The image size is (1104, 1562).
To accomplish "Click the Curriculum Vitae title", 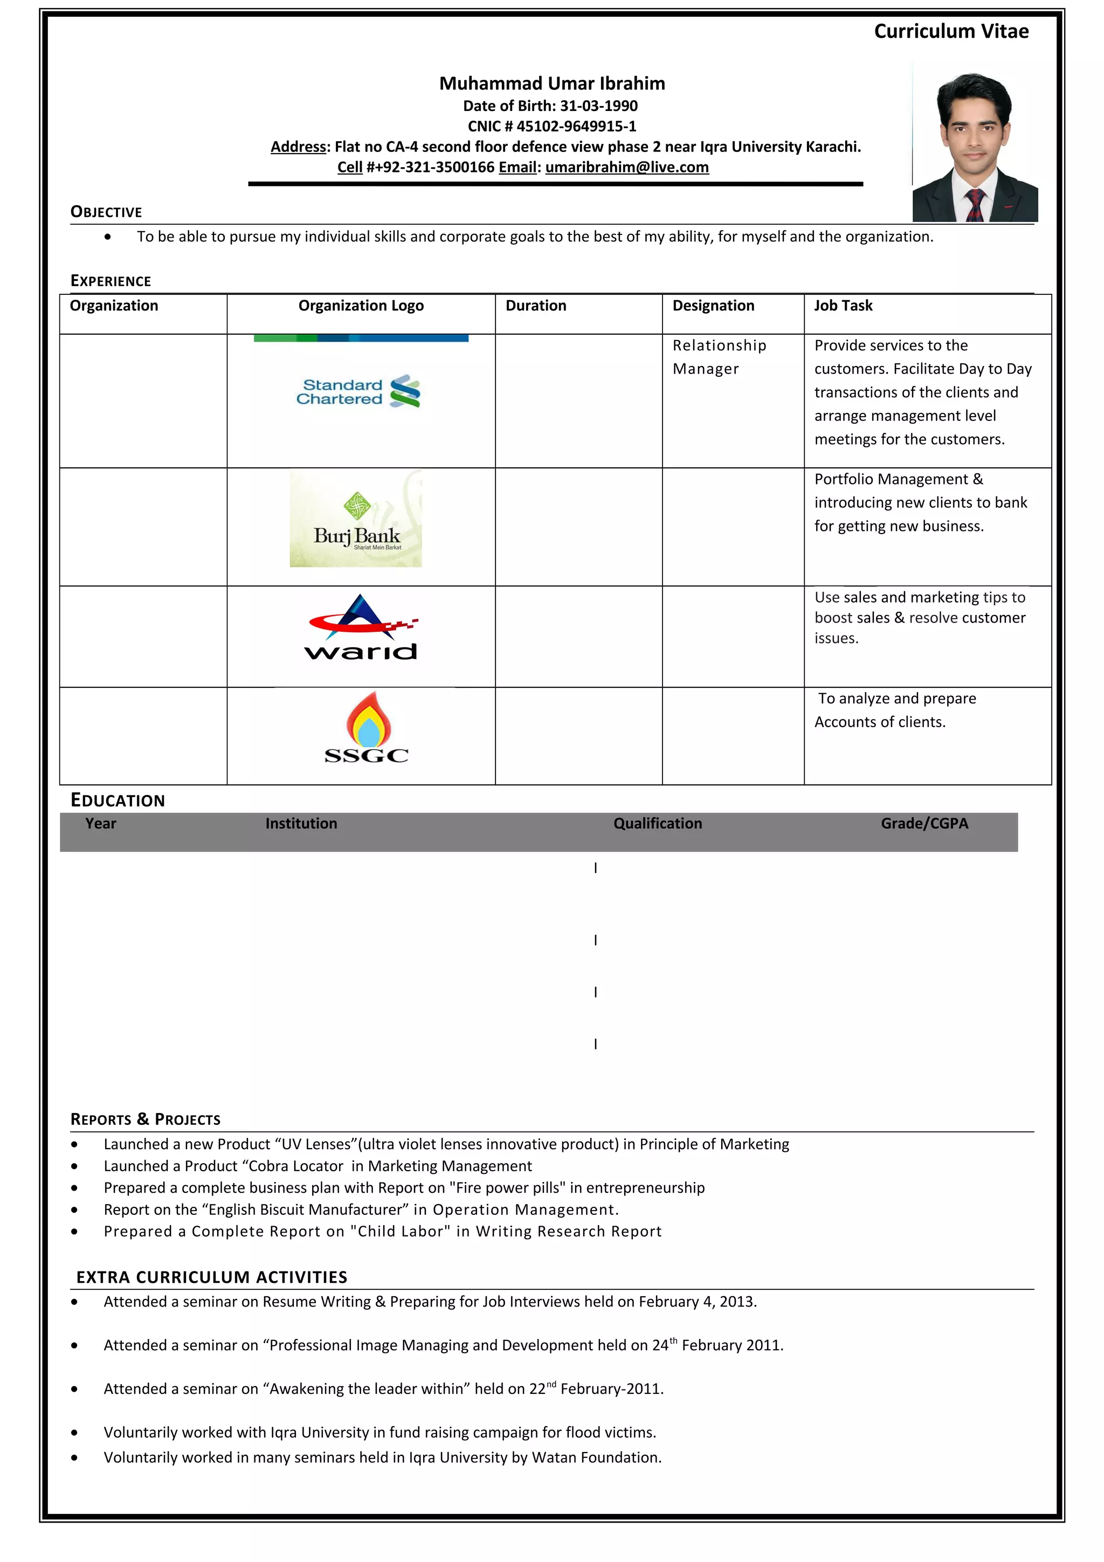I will (950, 31).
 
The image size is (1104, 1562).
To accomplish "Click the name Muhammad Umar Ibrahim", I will (551, 84).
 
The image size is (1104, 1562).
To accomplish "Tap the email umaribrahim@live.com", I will (626, 167).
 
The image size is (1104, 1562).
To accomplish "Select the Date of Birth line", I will (550, 106).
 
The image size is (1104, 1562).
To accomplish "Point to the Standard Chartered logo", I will (358, 392).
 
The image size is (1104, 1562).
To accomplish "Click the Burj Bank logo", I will (356, 519).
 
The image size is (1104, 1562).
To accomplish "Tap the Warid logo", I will (361, 628).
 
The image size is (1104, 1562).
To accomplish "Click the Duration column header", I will (535, 306).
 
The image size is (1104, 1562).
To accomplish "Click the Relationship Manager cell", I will (719, 357).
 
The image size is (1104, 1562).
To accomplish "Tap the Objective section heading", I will (106, 212).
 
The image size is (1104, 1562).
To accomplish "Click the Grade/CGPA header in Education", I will (924, 823).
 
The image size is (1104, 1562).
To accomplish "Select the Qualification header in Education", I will (657, 823).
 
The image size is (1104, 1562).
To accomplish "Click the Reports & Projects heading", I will (145, 1119).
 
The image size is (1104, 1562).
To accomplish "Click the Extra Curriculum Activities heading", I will (211, 1277).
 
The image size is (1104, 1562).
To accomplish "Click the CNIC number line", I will (551, 127).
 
